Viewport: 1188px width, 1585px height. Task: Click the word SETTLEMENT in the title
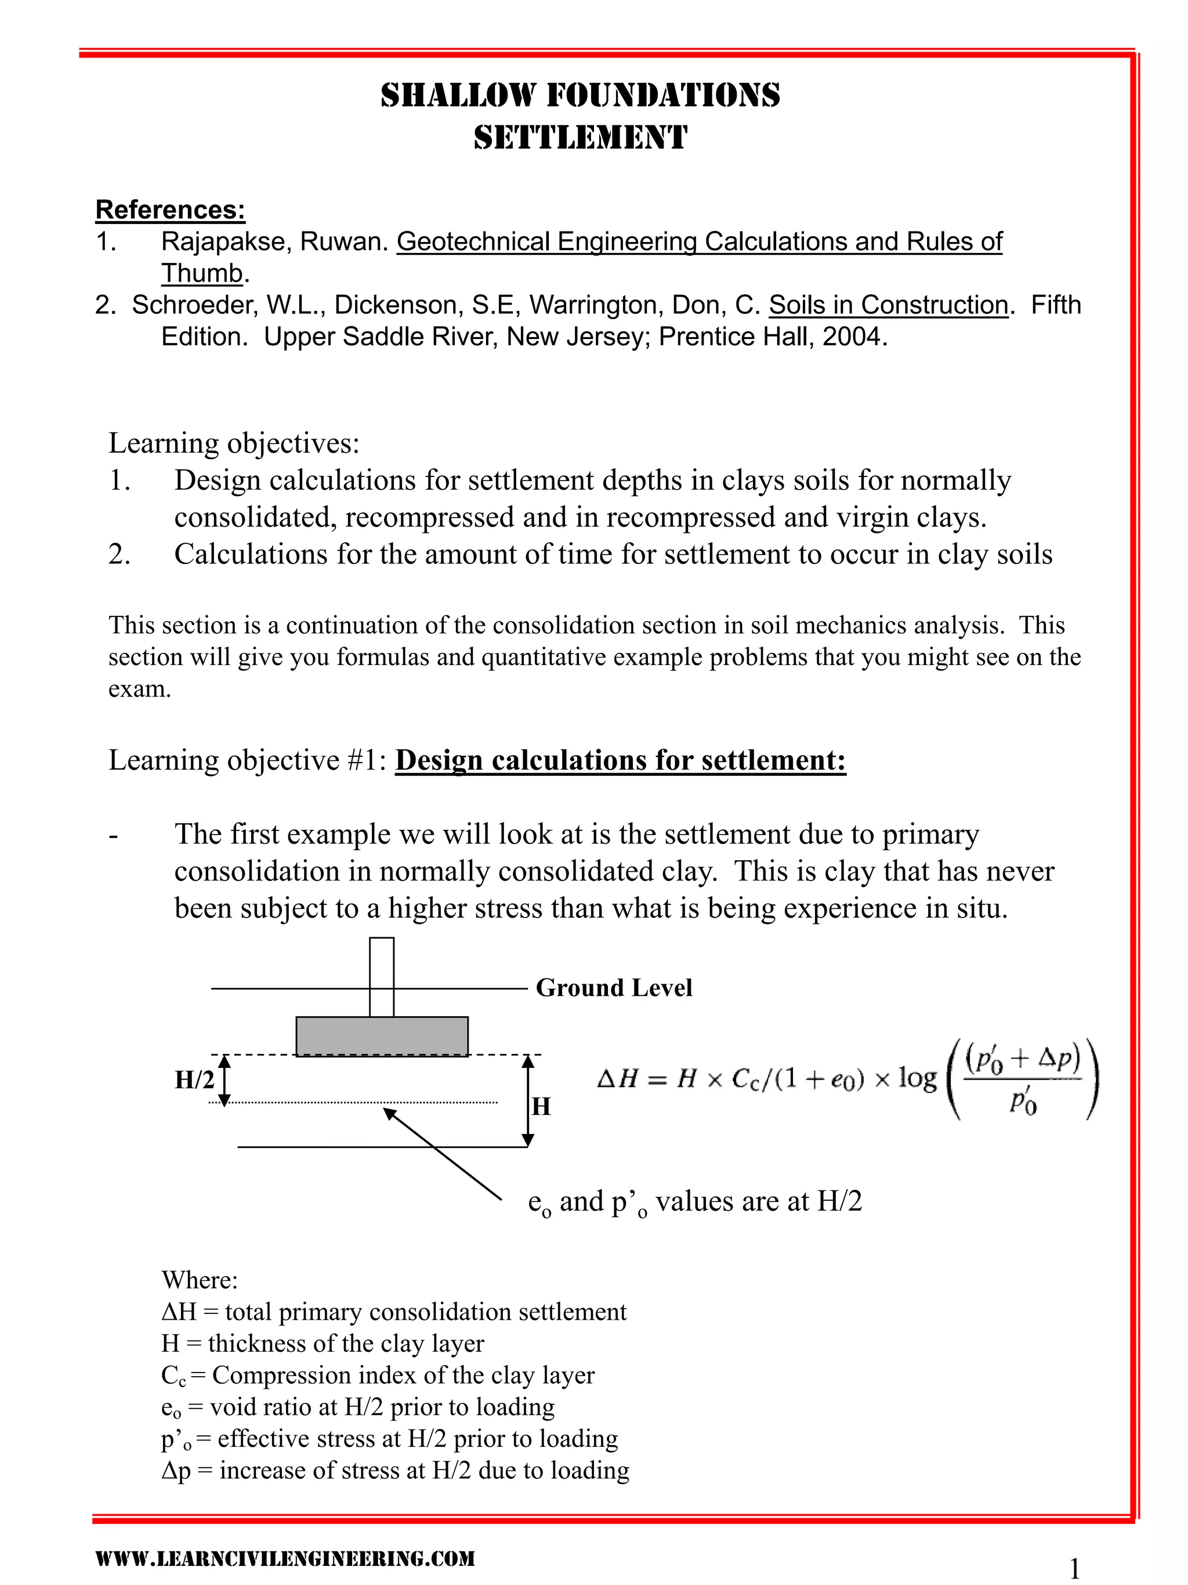click(x=580, y=138)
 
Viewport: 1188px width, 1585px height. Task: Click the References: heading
click(x=171, y=210)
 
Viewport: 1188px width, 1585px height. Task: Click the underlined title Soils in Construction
click(x=888, y=305)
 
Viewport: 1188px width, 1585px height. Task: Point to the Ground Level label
click(x=614, y=987)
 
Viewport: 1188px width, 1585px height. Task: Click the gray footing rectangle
click(x=382, y=1035)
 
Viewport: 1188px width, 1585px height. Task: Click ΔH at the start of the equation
click(x=617, y=1079)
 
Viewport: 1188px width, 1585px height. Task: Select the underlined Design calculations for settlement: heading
click(x=620, y=760)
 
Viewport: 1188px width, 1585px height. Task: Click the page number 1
click(x=1074, y=1569)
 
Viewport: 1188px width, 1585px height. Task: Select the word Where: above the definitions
click(x=200, y=1280)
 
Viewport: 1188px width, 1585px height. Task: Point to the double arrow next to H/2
click(x=224, y=1081)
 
